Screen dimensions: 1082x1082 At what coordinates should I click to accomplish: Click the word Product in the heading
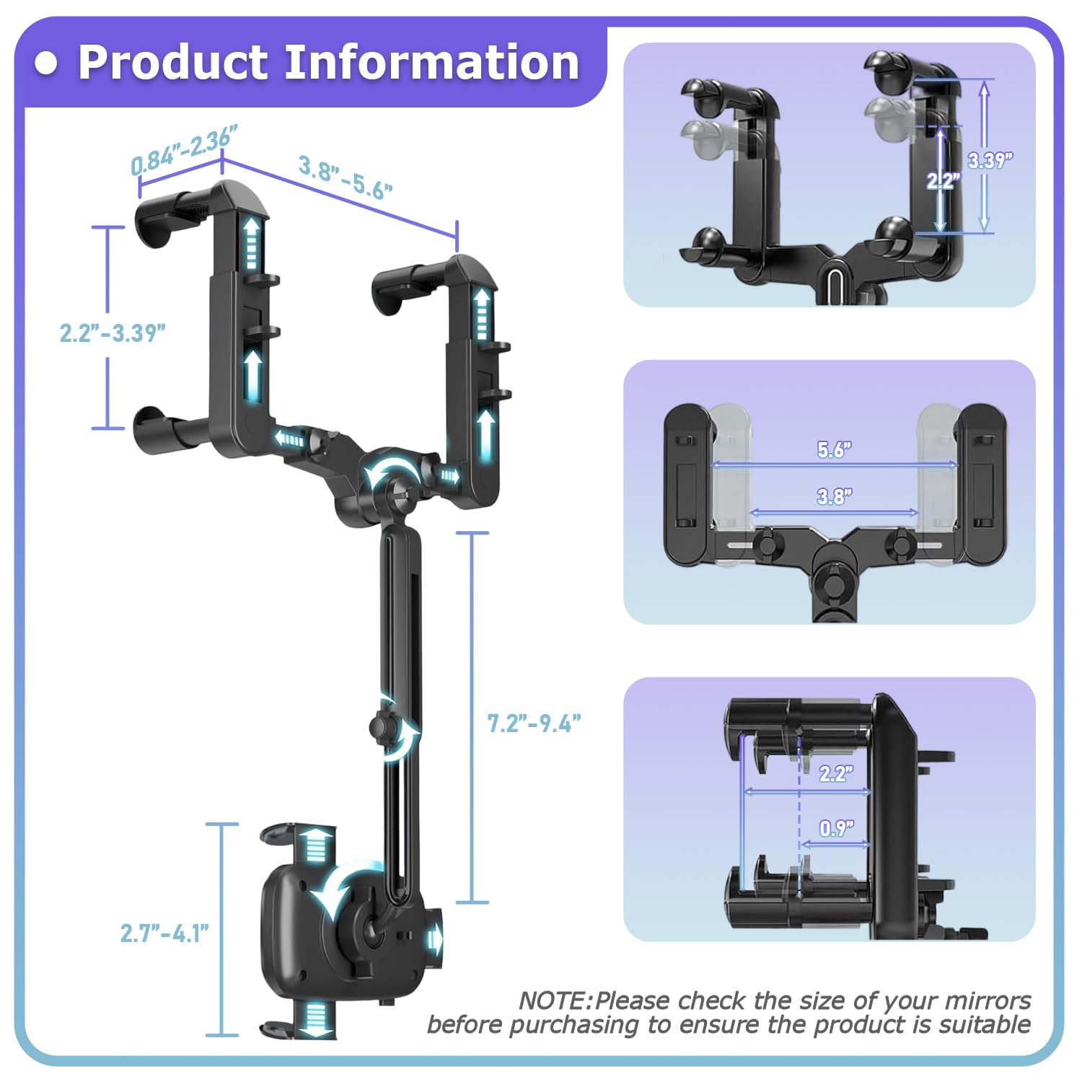[173, 62]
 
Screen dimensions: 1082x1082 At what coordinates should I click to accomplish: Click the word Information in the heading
[432, 62]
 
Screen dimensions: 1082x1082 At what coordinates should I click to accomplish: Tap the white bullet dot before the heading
[46, 63]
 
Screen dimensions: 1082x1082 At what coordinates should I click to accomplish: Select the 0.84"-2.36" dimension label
[183, 149]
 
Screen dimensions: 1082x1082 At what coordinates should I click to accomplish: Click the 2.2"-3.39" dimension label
[113, 333]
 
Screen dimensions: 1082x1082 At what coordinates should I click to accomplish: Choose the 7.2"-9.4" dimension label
[534, 723]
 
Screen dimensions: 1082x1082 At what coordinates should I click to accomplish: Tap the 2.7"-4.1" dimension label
[164, 933]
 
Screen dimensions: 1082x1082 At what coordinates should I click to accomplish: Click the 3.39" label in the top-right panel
[990, 160]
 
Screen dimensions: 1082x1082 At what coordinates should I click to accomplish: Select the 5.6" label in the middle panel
[835, 449]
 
